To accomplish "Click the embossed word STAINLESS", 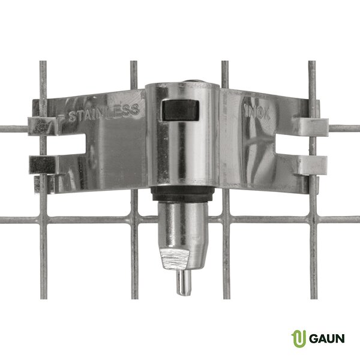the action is pos(104,113).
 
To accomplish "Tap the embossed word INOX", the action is pos(257,112).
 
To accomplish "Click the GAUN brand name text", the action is pos(327,338).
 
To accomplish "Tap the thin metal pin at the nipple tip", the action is pos(184,283).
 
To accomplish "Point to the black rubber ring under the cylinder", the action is pos(183,194).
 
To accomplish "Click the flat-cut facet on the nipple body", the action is pos(175,259).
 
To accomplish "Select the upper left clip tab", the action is pos(42,126).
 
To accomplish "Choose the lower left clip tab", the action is pos(43,165).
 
